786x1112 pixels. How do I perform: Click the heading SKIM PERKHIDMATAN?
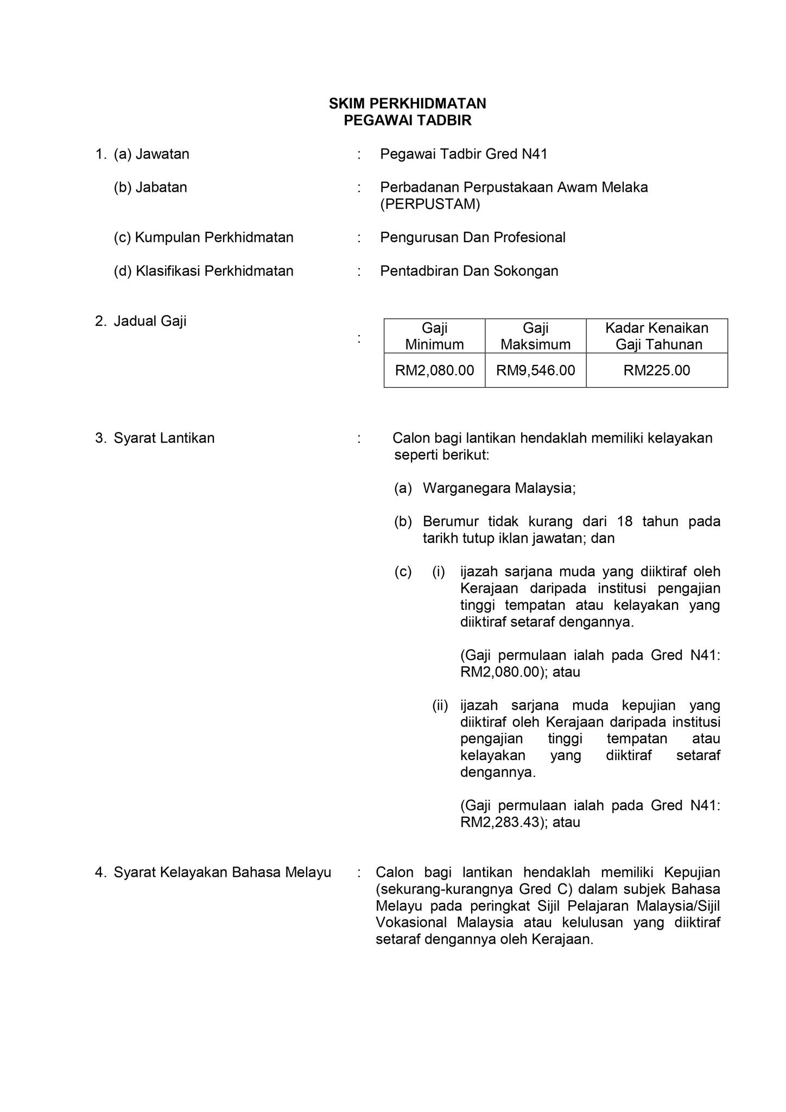pyautogui.click(x=407, y=103)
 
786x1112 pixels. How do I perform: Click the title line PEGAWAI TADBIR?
pyautogui.click(x=407, y=121)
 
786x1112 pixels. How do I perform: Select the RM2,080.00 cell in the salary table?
pyautogui.click(x=434, y=370)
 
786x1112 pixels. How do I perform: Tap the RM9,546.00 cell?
pyautogui.click(x=535, y=370)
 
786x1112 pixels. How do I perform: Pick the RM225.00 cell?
pyautogui.click(x=657, y=370)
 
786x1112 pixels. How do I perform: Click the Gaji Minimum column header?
pyautogui.click(x=434, y=336)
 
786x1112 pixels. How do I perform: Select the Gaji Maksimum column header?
pyautogui.click(x=535, y=336)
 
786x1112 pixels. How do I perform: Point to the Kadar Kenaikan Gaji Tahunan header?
pyautogui.click(x=657, y=336)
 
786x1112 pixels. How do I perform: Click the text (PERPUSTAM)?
pyautogui.click(x=430, y=204)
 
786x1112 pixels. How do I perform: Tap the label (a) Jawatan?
pyautogui.click(x=151, y=154)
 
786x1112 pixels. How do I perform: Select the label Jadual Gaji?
pyautogui.click(x=150, y=321)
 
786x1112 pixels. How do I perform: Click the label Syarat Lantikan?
pyautogui.click(x=164, y=438)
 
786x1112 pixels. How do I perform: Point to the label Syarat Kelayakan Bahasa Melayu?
pyautogui.click(x=222, y=873)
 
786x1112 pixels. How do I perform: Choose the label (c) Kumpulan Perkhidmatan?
pyautogui.click(x=204, y=237)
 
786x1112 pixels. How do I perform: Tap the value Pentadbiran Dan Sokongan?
pyautogui.click(x=469, y=271)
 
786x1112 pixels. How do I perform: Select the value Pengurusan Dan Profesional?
pyautogui.click(x=472, y=237)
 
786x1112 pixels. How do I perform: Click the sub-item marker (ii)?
pyautogui.click(x=440, y=705)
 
